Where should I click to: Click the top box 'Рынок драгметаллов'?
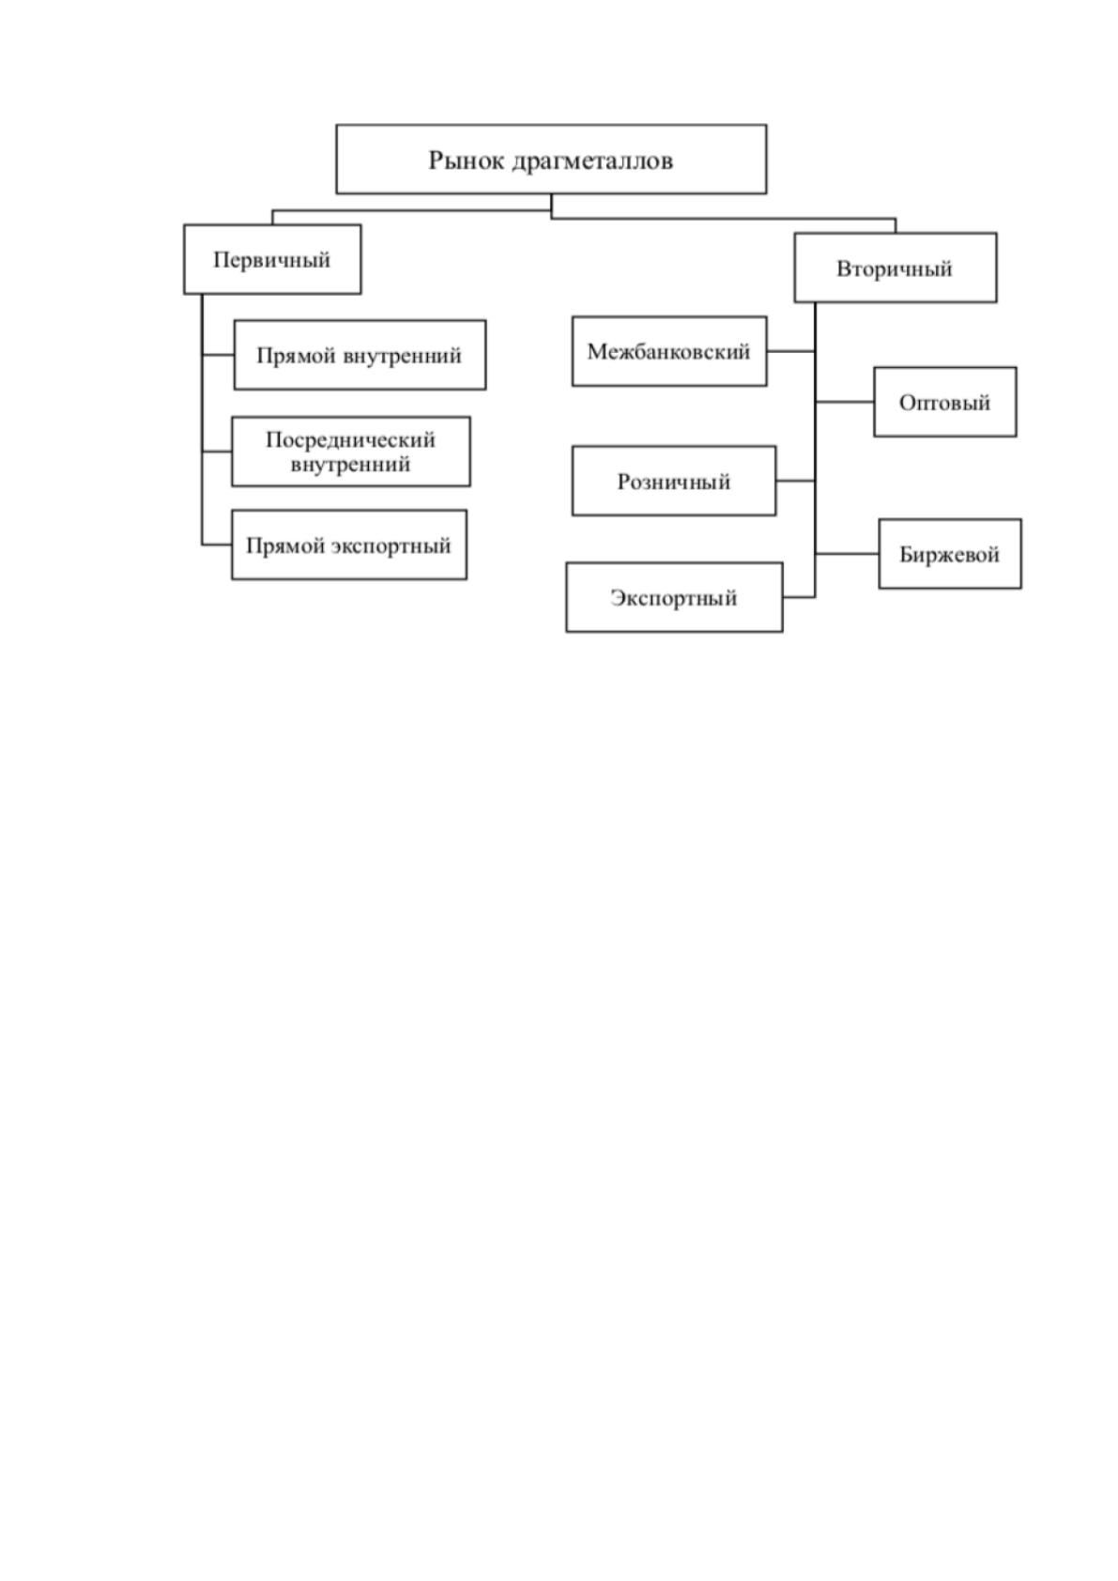pos(551,159)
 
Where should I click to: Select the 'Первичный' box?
pos(272,259)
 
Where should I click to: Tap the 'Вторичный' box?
pos(896,268)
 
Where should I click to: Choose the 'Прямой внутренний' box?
pos(360,354)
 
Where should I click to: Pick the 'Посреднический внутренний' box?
pos(351,451)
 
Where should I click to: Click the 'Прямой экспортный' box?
pos(349,545)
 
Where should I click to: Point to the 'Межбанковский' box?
pos(669,351)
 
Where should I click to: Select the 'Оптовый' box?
pos(945,402)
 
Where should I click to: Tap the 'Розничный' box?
pos(674,481)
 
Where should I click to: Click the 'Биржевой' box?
pos(950,554)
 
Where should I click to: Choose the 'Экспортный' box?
pos(674,597)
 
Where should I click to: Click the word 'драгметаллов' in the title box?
pos(592,161)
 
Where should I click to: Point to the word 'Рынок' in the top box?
pos(466,161)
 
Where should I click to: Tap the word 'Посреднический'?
pos(351,439)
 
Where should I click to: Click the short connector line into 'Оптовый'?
pos(845,402)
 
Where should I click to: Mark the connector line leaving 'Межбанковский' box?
pos(791,351)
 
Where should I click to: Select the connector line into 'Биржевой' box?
pos(848,554)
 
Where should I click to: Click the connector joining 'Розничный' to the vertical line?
pos(795,481)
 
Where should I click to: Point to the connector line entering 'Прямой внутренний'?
pos(218,354)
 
